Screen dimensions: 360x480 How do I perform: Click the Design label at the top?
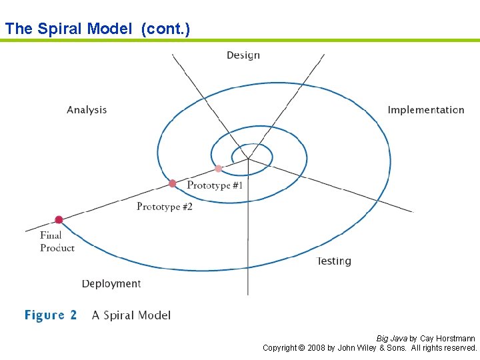pyautogui.click(x=243, y=55)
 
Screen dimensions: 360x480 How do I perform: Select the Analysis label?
pyautogui.click(x=87, y=110)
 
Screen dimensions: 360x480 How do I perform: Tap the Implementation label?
pyautogui.click(x=426, y=110)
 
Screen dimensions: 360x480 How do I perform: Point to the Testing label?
pyautogui.click(x=334, y=261)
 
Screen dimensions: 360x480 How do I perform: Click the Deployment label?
pyautogui.click(x=111, y=284)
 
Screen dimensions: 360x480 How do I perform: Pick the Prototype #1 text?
pyautogui.click(x=215, y=185)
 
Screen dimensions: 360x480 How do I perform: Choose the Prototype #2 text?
pyautogui.click(x=165, y=207)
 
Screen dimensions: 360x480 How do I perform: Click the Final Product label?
pyautogui.click(x=57, y=241)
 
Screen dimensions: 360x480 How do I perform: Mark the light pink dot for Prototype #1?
pyautogui.click(x=218, y=169)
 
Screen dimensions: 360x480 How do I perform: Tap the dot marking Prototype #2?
pyautogui.click(x=173, y=183)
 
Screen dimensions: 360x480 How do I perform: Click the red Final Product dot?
pyautogui.click(x=59, y=219)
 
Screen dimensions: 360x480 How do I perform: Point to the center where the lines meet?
pyautogui.click(x=248, y=159)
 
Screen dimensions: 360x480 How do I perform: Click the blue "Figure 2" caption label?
pyautogui.click(x=51, y=315)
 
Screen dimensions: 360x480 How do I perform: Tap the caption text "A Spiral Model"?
pyautogui.click(x=131, y=315)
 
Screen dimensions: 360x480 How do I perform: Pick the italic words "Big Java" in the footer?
pyautogui.click(x=391, y=339)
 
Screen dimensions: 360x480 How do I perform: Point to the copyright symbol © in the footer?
pyautogui.click(x=301, y=348)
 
